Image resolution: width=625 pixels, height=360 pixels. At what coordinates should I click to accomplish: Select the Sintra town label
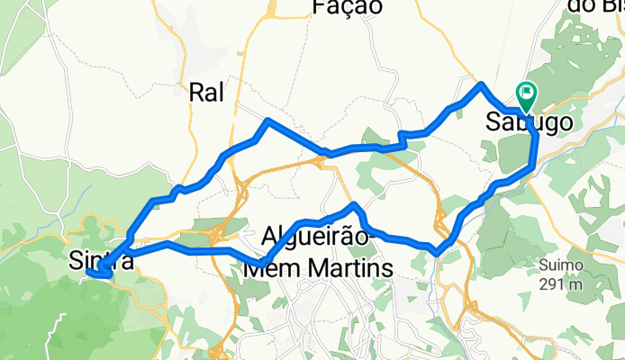click(x=103, y=262)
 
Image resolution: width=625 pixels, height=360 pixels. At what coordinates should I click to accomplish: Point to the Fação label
click(x=347, y=7)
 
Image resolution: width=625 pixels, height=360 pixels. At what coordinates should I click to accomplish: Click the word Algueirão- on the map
click(x=316, y=238)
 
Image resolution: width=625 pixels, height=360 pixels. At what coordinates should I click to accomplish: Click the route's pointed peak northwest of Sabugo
click(x=483, y=85)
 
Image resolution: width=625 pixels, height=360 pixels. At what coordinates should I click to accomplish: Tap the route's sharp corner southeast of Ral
click(x=267, y=121)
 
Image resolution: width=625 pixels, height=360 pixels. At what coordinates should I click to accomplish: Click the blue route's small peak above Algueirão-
click(x=355, y=205)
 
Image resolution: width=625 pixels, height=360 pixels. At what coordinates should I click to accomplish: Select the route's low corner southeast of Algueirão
click(x=438, y=251)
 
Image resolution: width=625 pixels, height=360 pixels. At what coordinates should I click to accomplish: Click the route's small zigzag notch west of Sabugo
click(x=403, y=138)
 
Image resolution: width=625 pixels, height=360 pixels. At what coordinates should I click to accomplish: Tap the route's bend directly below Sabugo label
click(x=534, y=162)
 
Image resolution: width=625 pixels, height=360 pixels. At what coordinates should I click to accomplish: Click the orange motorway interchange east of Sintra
click(x=216, y=236)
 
